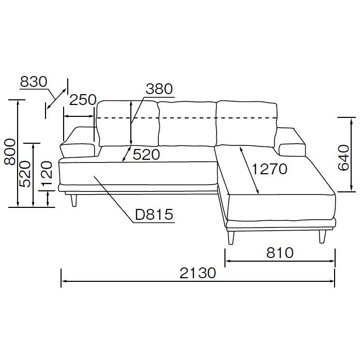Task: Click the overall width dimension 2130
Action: tap(198, 272)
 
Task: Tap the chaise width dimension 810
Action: tap(280, 252)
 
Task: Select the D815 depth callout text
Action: tap(154, 215)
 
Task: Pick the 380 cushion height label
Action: tap(158, 89)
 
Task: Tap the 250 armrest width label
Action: tap(83, 100)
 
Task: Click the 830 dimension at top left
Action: tap(34, 82)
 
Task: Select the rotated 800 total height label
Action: tap(10, 152)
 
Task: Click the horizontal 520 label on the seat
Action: tap(146, 154)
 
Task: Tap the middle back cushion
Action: tap(186, 124)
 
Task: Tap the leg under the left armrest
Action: tap(74, 199)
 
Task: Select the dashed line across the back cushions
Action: tap(186, 118)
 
